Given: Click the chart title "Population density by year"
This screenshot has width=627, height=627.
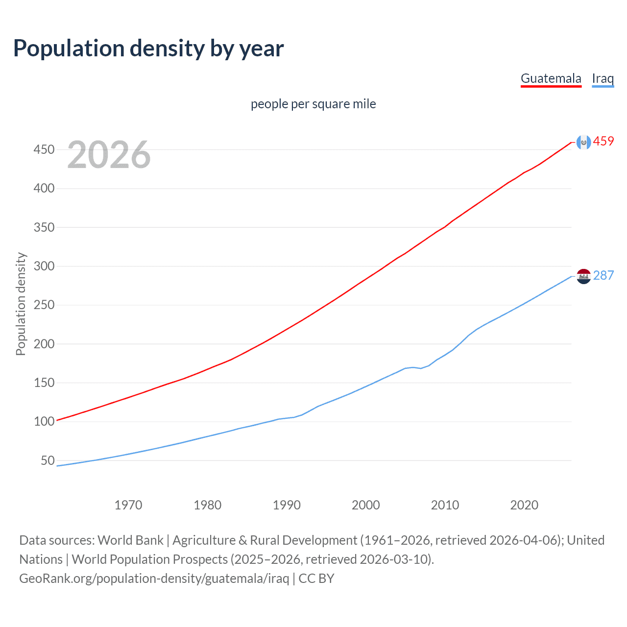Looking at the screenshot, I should click(x=148, y=48).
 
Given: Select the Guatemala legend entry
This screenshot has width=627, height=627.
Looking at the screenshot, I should click(x=551, y=78).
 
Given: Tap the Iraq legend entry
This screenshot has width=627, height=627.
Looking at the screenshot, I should click(x=603, y=78).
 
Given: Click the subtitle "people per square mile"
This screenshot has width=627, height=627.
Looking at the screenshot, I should click(x=313, y=104).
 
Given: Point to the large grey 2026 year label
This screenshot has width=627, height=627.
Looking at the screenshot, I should click(x=109, y=155).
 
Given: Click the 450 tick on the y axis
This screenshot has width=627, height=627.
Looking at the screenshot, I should click(x=44, y=149).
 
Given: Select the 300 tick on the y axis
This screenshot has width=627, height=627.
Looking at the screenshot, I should click(x=44, y=266).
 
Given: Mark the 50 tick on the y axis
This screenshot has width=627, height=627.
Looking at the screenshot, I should click(x=48, y=460).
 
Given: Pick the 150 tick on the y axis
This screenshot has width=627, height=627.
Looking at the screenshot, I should click(x=44, y=383).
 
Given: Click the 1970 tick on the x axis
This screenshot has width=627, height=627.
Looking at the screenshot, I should click(x=128, y=505).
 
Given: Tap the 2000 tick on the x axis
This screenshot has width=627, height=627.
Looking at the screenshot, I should click(x=366, y=505).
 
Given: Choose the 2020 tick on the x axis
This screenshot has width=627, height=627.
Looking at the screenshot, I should click(x=524, y=505).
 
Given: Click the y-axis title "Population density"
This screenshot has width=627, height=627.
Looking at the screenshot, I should click(x=21, y=304).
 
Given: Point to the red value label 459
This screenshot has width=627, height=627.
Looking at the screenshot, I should click(x=603, y=142).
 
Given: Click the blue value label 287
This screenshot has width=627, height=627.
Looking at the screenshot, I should click(x=603, y=276).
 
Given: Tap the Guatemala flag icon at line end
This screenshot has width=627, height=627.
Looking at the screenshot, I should click(x=583, y=142).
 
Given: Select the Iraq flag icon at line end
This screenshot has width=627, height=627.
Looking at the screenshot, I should click(x=583, y=276).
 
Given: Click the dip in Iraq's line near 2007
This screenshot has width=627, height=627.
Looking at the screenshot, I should click(x=421, y=368).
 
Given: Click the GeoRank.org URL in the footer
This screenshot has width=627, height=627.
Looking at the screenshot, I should click(x=154, y=579).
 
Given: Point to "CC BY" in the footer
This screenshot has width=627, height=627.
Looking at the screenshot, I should click(x=316, y=579).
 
